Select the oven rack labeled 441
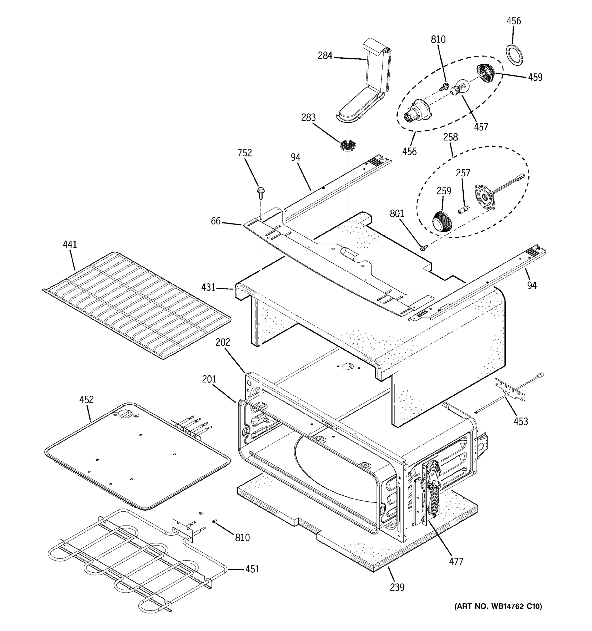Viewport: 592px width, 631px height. point(137,305)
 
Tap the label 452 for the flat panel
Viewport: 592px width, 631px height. point(86,400)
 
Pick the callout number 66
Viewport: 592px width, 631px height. point(216,221)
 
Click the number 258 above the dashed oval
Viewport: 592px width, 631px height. point(450,137)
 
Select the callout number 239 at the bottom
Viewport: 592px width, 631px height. point(397,588)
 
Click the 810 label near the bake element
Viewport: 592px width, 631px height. point(242,538)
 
